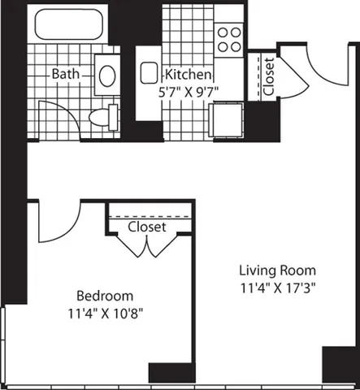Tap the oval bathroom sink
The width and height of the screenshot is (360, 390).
pyautogui.click(x=107, y=77)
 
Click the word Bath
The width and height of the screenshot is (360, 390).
pyautogui.click(x=65, y=74)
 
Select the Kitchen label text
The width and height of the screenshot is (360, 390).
pyautogui.click(x=189, y=72)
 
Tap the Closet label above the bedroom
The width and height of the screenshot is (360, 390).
pyautogui.click(x=147, y=227)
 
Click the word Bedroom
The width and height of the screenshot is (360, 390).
pyautogui.click(x=105, y=295)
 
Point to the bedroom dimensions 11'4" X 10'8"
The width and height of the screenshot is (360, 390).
pyautogui.click(x=105, y=311)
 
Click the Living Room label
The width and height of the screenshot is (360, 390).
pyautogui.click(x=277, y=270)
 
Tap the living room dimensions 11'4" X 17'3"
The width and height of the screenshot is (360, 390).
pyautogui.click(x=277, y=286)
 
